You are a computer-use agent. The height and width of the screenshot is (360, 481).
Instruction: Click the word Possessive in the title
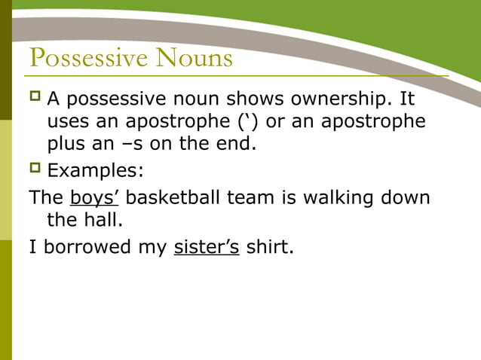88,58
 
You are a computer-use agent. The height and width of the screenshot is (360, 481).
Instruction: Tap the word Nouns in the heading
194,58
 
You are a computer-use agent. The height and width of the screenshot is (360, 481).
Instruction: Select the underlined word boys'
94,198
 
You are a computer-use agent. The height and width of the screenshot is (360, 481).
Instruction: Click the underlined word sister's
207,247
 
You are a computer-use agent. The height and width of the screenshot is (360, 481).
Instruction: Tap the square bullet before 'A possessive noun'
35,98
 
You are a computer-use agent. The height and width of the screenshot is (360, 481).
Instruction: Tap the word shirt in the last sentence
268,247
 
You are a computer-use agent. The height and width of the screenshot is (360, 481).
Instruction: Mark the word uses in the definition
69,121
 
